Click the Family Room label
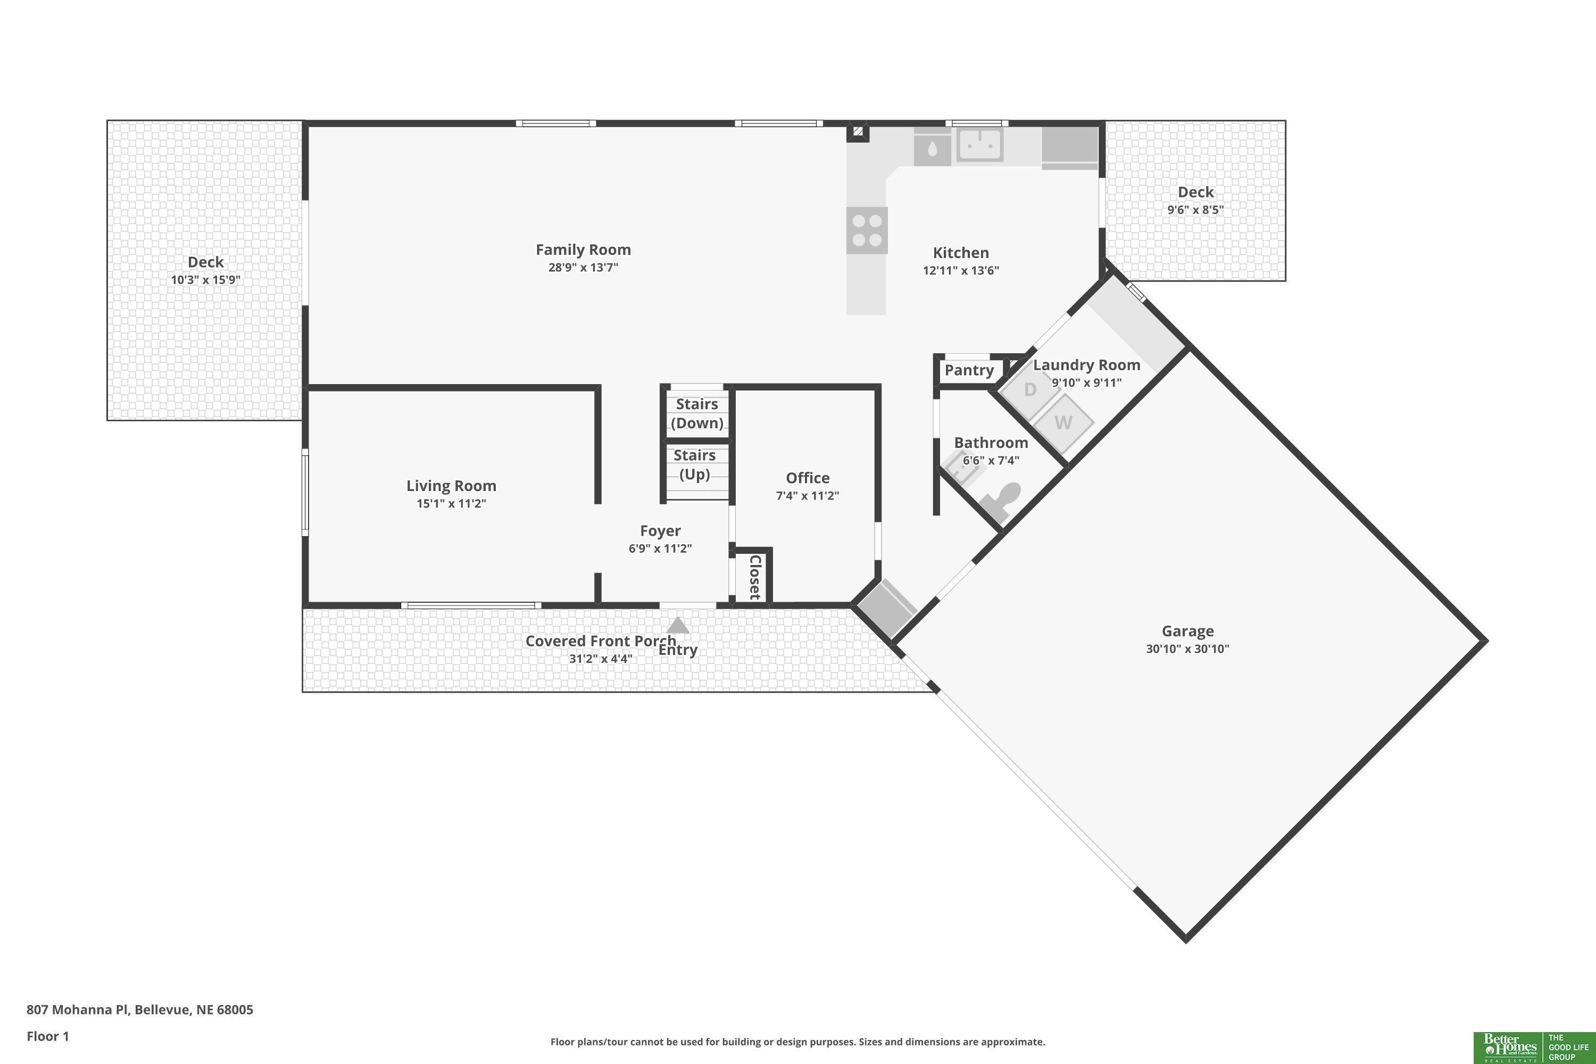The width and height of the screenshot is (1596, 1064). [583, 250]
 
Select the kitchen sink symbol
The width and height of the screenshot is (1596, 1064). [980, 145]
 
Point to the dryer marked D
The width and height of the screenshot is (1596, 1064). [1030, 389]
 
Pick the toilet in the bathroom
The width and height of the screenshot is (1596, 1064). [1002, 501]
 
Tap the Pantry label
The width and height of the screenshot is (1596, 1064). [969, 370]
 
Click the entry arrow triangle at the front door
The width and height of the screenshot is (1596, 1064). [678, 625]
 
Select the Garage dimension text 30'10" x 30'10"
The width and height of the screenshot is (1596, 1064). [1187, 649]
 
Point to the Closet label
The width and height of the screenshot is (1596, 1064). [754, 577]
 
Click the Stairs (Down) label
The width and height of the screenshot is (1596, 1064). [697, 413]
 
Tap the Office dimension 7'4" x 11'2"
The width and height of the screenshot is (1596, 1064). [808, 495]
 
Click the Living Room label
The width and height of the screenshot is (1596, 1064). [451, 486]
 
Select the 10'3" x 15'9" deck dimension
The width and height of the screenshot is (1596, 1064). [205, 280]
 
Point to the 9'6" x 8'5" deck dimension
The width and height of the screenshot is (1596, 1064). [1195, 210]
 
